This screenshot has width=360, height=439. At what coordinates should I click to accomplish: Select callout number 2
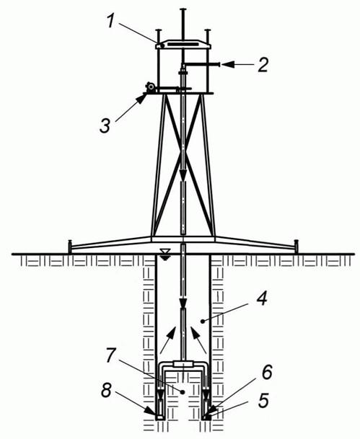coord(263,65)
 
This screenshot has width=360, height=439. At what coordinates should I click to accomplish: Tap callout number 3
coord(105,125)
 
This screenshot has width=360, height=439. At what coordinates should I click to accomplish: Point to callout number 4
coord(262,298)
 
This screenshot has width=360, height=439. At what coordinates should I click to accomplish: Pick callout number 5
coord(263,399)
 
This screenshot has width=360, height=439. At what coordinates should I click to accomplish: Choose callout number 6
coord(266,373)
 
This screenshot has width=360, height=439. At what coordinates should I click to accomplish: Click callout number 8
coord(107,390)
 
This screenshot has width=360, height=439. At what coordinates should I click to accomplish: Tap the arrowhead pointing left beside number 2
coord(228,65)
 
